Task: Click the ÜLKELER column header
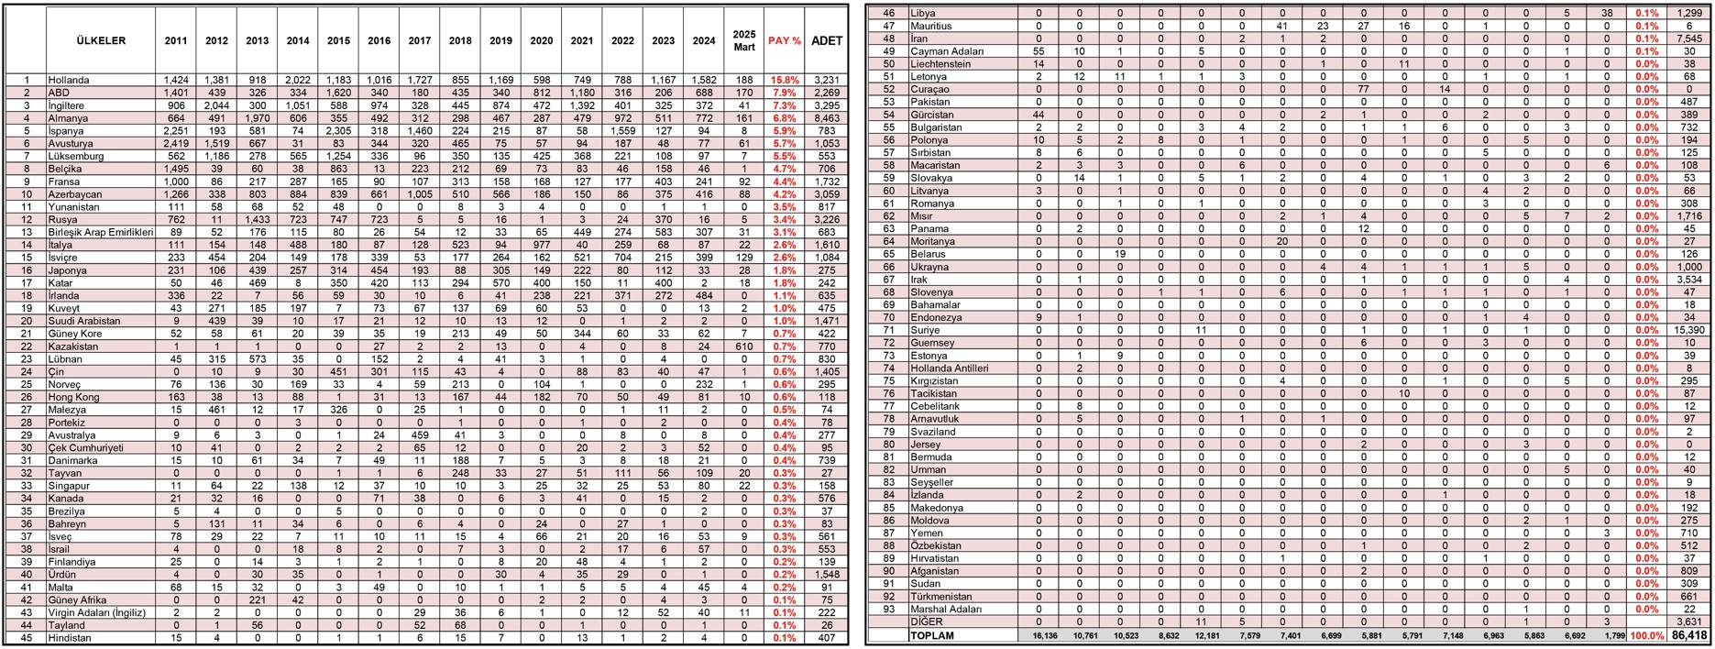click(100, 41)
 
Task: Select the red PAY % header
click(784, 41)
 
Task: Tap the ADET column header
click(826, 41)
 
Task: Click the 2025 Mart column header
click(743, 41)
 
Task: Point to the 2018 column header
click(460, 41)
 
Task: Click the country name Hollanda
click(68, 81)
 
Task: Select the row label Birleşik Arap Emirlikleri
click(99, 233)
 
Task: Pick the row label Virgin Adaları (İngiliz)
click(96, 612)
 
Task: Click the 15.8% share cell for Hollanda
click(784, 81)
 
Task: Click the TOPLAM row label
click(931, 635)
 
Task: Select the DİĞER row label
click(926, 621)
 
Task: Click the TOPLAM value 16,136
click(1039, 635)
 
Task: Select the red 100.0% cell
click(1652, 635)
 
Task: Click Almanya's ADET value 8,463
click(826, 118)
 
